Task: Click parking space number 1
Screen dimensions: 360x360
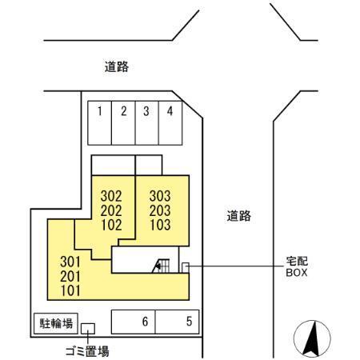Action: (99, 123)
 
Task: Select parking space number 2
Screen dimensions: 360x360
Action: (123, 123)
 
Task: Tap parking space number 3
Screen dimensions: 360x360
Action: (147, 123)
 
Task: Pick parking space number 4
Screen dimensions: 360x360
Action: (170, 123)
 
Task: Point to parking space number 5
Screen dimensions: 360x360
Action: (177, 322)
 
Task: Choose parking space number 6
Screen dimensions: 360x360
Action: (133, 322)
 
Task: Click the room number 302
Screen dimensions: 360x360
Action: (111, 196)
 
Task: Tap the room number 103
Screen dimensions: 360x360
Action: (160, 225)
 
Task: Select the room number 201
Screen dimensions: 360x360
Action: (70, 276)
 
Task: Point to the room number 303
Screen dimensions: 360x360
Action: (160, 196)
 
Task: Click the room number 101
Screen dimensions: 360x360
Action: (70, 290)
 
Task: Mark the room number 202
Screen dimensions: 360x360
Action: (111, 210)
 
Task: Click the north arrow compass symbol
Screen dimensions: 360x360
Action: (312, 338)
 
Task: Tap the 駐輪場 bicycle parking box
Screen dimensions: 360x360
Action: (56, 323)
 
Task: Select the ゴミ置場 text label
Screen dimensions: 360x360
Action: (87, 351)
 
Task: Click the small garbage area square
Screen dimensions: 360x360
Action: (88, 329)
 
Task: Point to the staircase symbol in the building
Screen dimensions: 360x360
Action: (161, 266)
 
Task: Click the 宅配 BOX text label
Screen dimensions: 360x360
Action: (297, 266)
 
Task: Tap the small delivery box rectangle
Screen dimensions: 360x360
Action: (186, 268)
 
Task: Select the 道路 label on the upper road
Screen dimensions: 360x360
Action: (117, 66)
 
